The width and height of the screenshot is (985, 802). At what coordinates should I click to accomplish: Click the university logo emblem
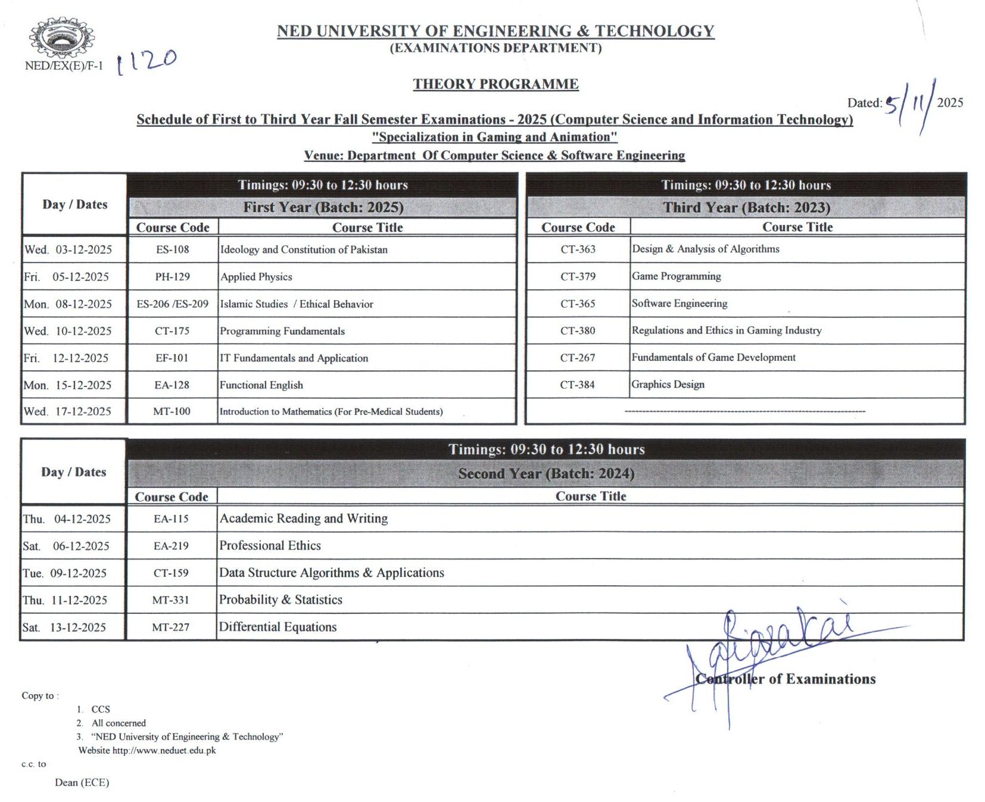point(61,37)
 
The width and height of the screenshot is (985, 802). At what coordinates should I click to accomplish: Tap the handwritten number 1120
point(146,61)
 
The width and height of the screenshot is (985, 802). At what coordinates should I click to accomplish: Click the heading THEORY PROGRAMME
point(495,84)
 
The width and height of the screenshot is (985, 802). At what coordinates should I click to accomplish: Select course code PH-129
point(173,277)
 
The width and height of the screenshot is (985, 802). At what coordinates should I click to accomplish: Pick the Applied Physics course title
point(256,277)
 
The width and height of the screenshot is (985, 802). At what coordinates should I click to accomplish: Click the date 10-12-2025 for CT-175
point(83,331)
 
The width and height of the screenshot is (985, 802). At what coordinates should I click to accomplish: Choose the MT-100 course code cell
point(172,411)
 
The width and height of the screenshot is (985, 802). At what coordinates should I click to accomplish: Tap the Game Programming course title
point(676,276)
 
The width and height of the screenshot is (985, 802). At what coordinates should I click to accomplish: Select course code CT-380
point(578,330)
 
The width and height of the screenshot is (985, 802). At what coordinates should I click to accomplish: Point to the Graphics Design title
point(668,385)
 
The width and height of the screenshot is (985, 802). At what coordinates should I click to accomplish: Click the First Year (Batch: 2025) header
point(323,207)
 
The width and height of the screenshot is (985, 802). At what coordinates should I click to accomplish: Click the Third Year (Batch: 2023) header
point(746,207)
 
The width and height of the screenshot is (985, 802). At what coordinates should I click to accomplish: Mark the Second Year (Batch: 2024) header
point(546,474)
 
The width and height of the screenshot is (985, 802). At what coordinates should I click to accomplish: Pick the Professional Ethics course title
point(270,545)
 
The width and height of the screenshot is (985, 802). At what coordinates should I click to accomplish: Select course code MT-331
point(171,600)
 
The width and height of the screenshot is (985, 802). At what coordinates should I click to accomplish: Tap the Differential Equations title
point(278,627)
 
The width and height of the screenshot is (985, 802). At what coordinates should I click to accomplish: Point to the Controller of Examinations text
point(785,679)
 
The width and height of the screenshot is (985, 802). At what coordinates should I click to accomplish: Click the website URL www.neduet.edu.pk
point(164,750)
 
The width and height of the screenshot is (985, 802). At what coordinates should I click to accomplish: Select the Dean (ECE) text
point(82,782)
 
